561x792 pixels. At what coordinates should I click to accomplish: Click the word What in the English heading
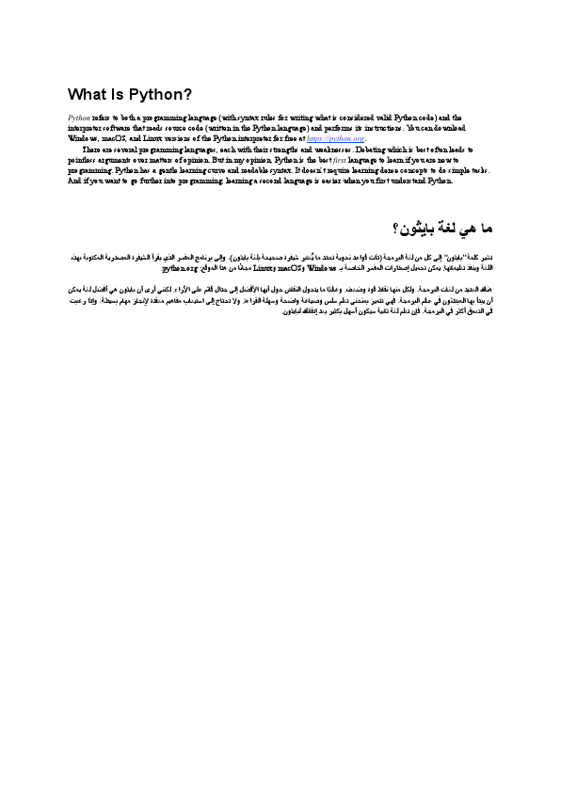tap(86, 94)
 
